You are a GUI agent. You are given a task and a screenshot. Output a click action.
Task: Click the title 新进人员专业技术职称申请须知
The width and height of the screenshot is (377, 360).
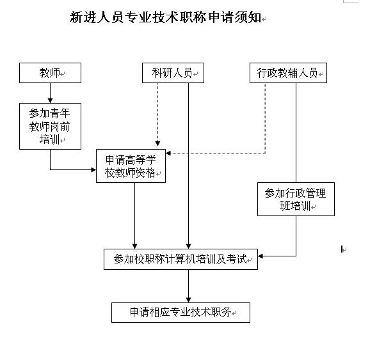(x=165, y=17)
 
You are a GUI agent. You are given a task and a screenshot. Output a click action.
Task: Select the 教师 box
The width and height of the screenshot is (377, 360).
(x=50, y=73)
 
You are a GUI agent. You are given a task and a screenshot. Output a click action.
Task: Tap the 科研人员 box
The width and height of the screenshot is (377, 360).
(x=172, y=73)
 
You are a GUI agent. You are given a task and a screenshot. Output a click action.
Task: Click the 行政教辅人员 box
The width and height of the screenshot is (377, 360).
(x=287, y=73)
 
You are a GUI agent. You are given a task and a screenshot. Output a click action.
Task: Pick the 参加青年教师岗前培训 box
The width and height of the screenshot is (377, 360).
(x=50, y=126)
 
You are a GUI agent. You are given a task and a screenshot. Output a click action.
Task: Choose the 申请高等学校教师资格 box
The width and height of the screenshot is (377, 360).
(x=131, y=166)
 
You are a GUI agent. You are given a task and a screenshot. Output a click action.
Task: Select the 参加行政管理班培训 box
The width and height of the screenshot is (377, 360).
(x=295, y=200)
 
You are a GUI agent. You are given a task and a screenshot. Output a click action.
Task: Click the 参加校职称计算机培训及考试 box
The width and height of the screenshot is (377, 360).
(x=180, y=259)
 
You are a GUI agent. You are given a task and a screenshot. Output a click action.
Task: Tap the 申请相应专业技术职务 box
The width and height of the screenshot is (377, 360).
(x=180, y=313)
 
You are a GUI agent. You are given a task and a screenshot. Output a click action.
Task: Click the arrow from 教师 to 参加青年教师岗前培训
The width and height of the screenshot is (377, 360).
(x=50, y=93)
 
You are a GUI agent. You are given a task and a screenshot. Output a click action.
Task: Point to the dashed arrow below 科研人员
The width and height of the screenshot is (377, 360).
(x=157, y=115)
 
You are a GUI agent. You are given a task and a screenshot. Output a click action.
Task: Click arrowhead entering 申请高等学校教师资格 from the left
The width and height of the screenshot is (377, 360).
(x=93, y=170)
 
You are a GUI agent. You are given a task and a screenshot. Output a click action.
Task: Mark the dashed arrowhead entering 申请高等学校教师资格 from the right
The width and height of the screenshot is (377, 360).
(x=169, y=153)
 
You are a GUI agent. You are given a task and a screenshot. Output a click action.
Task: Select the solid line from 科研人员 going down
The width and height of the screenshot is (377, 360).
(x=188, y=160)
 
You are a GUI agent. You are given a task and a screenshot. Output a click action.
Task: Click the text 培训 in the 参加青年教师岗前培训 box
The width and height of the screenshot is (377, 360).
(x=49, y=139)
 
